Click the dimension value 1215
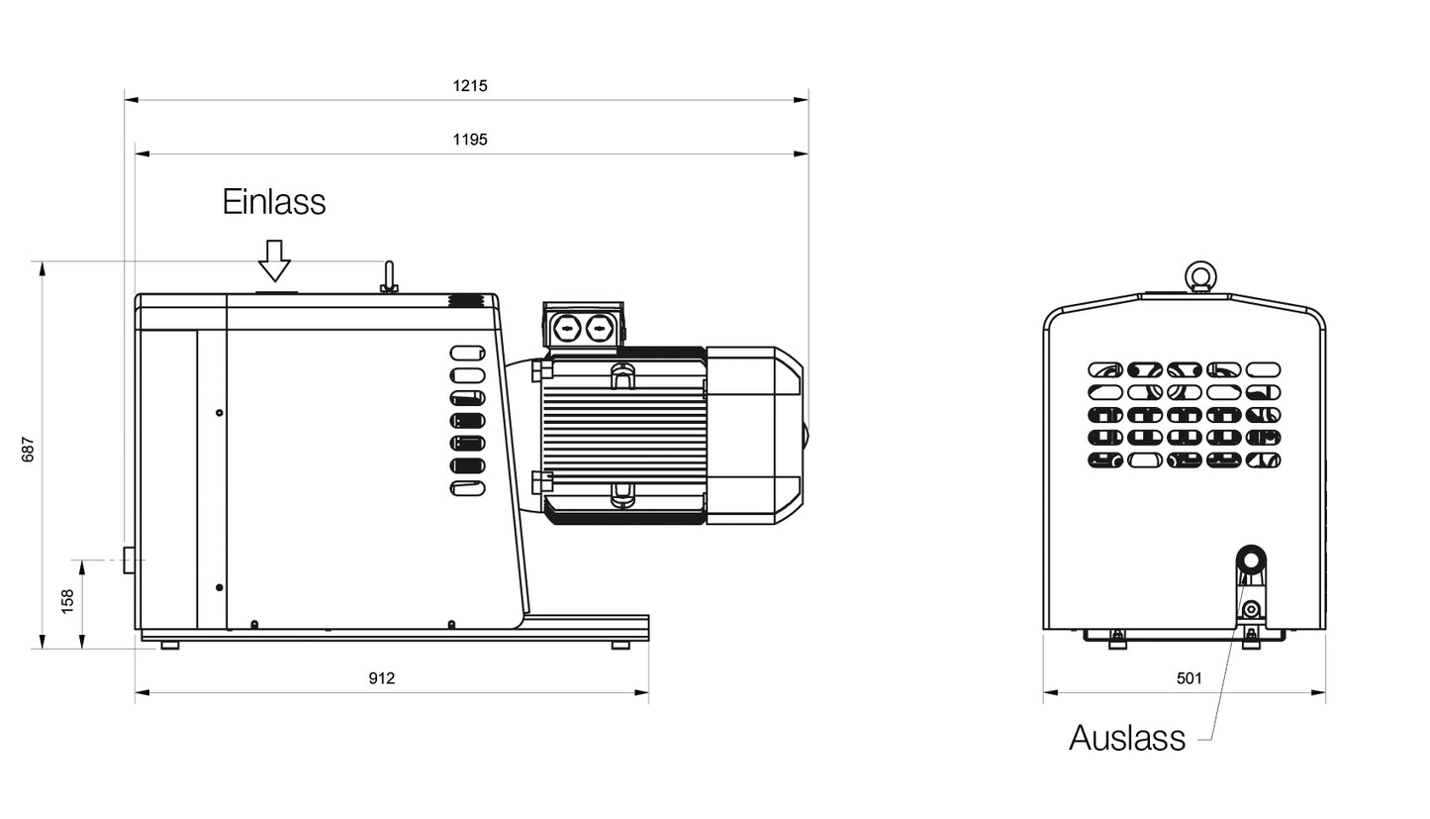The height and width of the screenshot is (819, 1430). (470, 85)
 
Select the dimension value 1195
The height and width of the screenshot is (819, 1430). (470, 140)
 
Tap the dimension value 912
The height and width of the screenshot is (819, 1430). (382, 677)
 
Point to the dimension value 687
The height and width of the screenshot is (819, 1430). (28, 449)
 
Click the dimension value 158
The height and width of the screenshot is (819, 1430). (67, 602)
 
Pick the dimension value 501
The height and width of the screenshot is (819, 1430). (1190, 677)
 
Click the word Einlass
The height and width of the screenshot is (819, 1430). (274, 202)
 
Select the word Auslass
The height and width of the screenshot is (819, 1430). (1127, 738)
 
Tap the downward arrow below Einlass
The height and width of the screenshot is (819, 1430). (274, 260)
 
